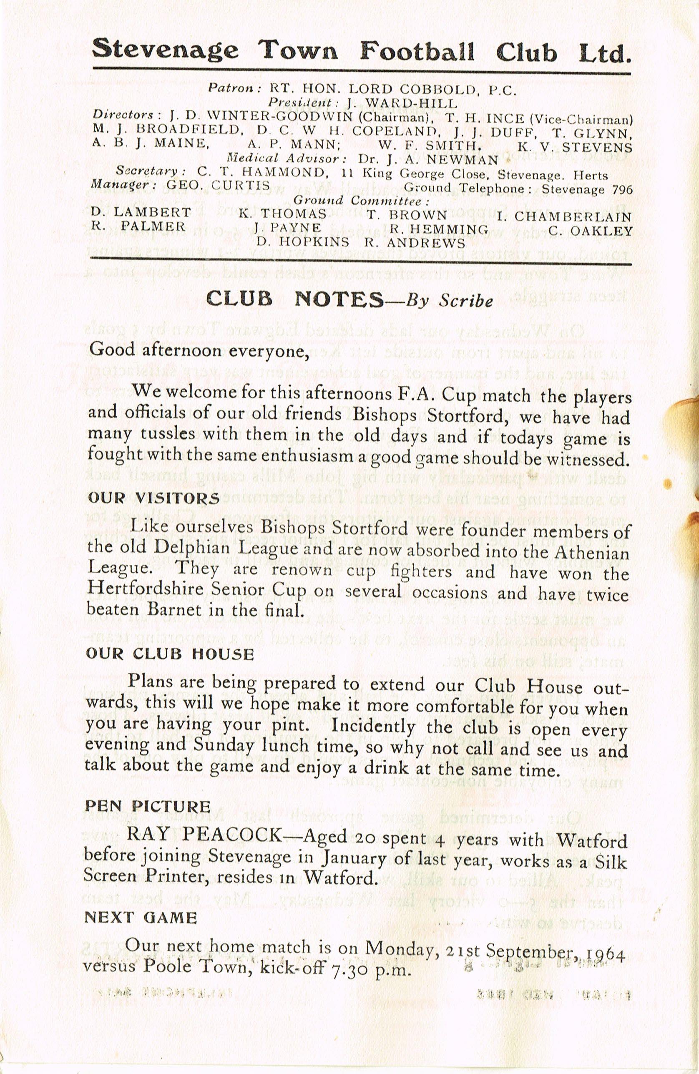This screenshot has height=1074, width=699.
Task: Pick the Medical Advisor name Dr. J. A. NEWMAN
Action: (428, 159)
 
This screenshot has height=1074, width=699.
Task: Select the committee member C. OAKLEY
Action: (591, 231)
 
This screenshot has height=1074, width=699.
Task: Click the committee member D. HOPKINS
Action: (303, 242)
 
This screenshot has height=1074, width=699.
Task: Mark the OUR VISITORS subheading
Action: (154, 498)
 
